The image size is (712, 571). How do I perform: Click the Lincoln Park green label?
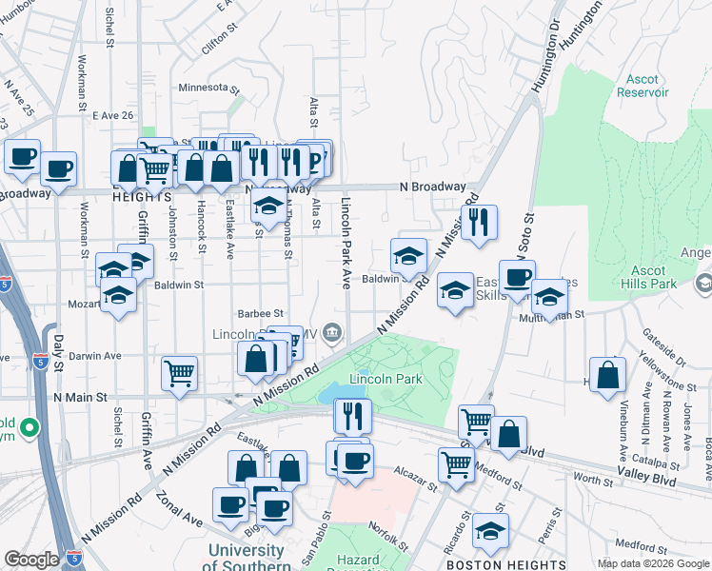(386, 379)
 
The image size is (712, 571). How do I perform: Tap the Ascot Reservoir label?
(643, 86)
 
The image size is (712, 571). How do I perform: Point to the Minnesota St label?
(208, 88)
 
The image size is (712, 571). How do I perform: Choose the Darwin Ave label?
(100, 356)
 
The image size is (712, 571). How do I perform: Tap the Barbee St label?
(260, 312)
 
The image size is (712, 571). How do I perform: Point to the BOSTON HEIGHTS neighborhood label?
(489, 551)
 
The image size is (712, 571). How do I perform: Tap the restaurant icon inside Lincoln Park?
(351, 415)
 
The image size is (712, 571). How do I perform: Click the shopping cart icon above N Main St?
(179, 373)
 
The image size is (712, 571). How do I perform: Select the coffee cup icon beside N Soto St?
(517, 278)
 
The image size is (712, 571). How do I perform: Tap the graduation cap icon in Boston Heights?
(491, 529)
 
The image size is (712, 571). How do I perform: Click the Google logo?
(32, 560)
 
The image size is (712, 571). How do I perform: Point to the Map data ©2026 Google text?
(654, 563)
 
